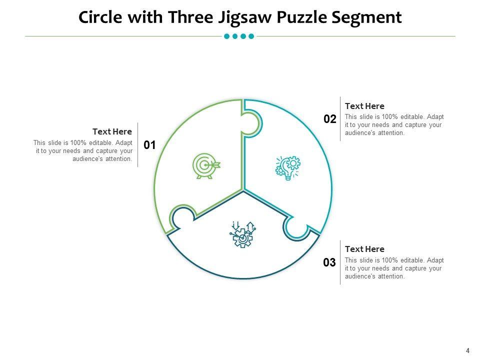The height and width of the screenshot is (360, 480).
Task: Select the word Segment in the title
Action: (x=367, y=17)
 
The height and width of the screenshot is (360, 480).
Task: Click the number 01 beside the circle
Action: (x=150, y=145)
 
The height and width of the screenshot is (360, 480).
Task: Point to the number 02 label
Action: (x=330, y=119)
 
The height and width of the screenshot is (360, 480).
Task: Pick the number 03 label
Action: (x=329, y=262)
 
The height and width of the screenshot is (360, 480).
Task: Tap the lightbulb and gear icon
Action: (x=288, y=167)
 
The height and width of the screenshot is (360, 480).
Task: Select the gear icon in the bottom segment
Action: (x=242, y=234)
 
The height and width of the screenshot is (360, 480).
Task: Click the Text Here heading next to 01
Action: (x=112, y=131)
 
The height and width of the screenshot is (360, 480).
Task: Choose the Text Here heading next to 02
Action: (x=365, y=106)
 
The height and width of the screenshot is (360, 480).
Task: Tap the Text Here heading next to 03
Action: (x=365, y=249)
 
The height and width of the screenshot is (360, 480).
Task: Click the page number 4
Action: (x=468, y=350)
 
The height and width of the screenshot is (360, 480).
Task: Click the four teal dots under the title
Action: (x=239, y=36)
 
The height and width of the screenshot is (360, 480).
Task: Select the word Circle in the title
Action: (x=102, y=17)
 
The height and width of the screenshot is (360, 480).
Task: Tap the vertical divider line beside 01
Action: (x=137, y=145)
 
